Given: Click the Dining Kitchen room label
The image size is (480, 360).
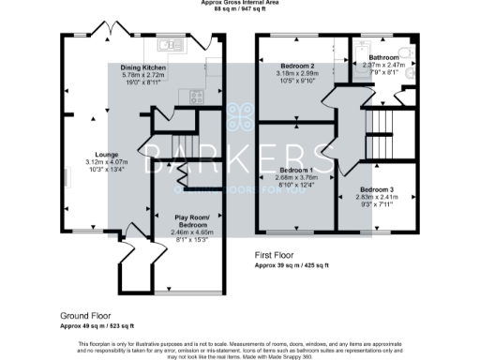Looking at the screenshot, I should pos(142,68).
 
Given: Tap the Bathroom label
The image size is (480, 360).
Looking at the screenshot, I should pos(383,57).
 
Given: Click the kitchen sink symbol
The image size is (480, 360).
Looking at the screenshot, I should pos(165,44).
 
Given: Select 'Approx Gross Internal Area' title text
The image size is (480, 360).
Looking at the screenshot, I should pos(240,3).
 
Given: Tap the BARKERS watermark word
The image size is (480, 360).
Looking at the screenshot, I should pos(240,156).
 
